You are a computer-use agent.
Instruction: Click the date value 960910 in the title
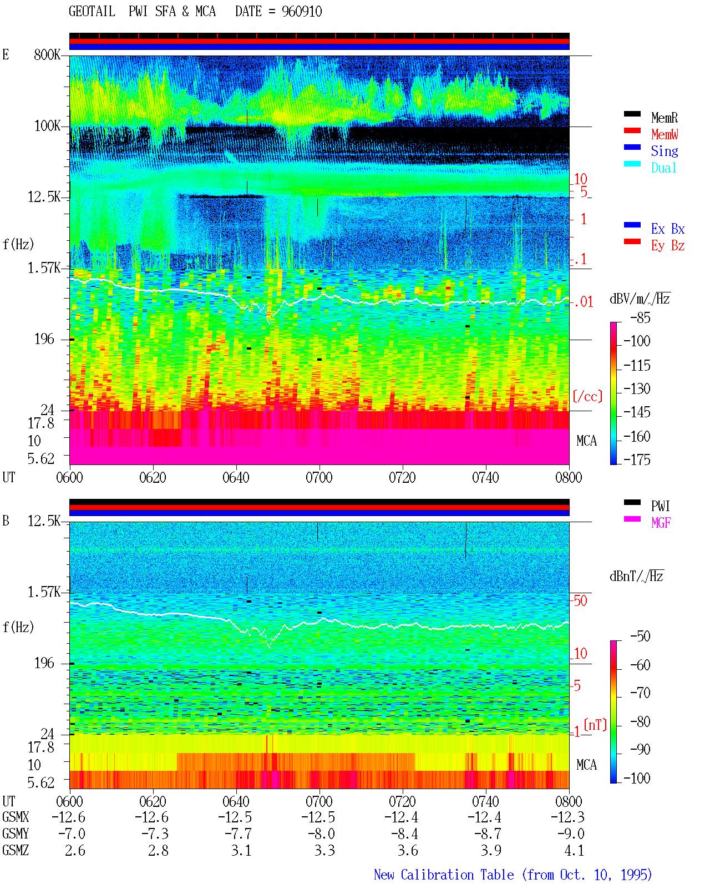pos(301,12)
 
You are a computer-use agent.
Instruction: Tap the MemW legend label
pos(664,134)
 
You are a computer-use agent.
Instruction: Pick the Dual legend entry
pos(663,168)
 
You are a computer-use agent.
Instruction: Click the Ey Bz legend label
pos(667,246)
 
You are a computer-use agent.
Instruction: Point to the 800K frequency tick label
pos(47,54)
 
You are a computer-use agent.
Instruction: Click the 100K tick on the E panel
pos(47,126)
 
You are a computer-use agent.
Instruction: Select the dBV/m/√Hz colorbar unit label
pos(640,299)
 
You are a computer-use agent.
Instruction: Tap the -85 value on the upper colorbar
pos(640,318)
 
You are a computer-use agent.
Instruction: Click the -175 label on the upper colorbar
pos(637,459)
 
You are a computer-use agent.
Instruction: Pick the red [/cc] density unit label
pos(587,396)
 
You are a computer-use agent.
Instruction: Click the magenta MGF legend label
pos(661,523)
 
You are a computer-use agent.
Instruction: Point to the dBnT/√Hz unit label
pos(637,577)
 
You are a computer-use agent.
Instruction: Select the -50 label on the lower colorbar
pos(640,637)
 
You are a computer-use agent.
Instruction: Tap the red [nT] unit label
pos(595,724)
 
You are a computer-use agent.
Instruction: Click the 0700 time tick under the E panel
pos(319,478)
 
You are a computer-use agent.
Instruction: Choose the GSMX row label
pos(16,817)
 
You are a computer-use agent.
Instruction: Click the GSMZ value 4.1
pos(574,850)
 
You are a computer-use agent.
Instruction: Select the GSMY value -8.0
pos(321,834)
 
